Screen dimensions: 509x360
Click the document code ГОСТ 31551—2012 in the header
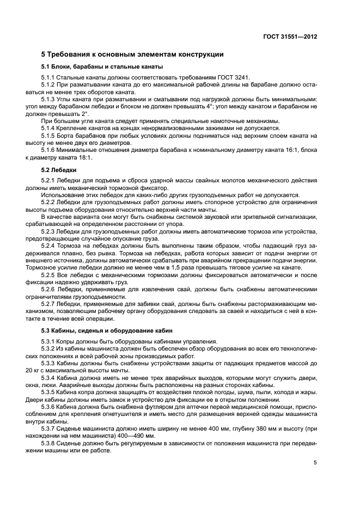coord(289,36)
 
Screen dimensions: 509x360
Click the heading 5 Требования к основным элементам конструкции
coord(132,54)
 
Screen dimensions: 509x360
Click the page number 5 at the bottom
coord(315,463)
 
